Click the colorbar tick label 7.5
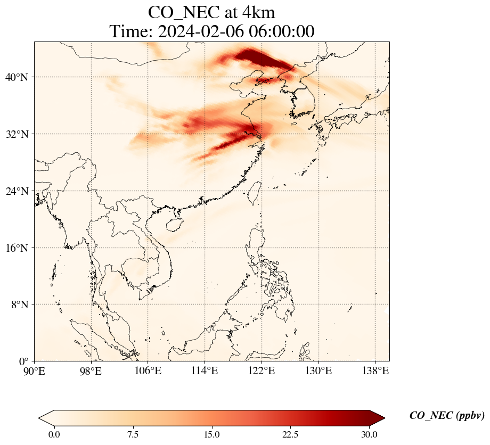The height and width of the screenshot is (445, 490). click(133, 434)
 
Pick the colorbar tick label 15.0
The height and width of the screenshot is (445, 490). click(211, 434)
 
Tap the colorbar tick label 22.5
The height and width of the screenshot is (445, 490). click(290, 434)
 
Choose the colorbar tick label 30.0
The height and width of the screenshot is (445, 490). click(369, 434)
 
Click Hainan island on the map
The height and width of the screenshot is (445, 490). click(174, 224)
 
